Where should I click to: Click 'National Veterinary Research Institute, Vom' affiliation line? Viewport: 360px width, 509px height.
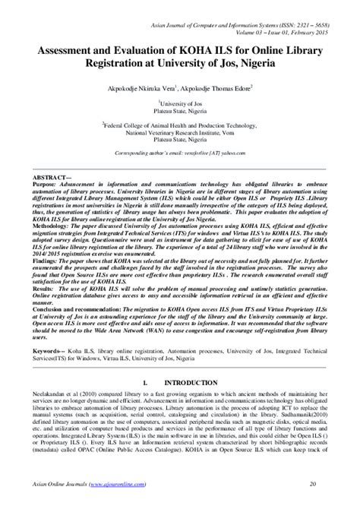[179, 130]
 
